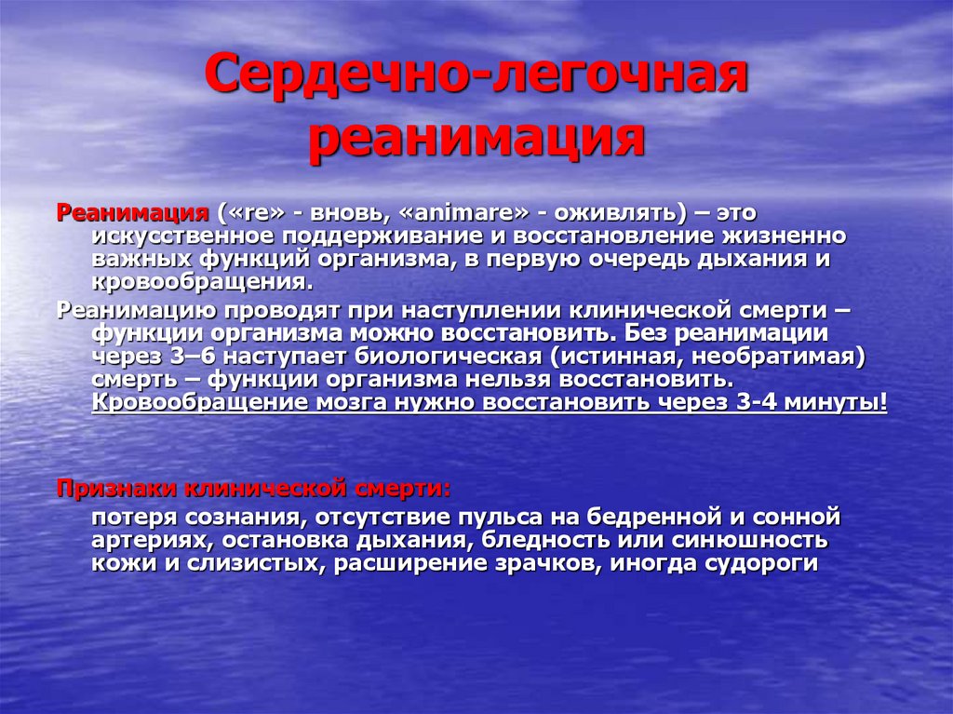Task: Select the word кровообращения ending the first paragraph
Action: (x=196, y=282)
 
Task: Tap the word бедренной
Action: (x=662, y=516)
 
